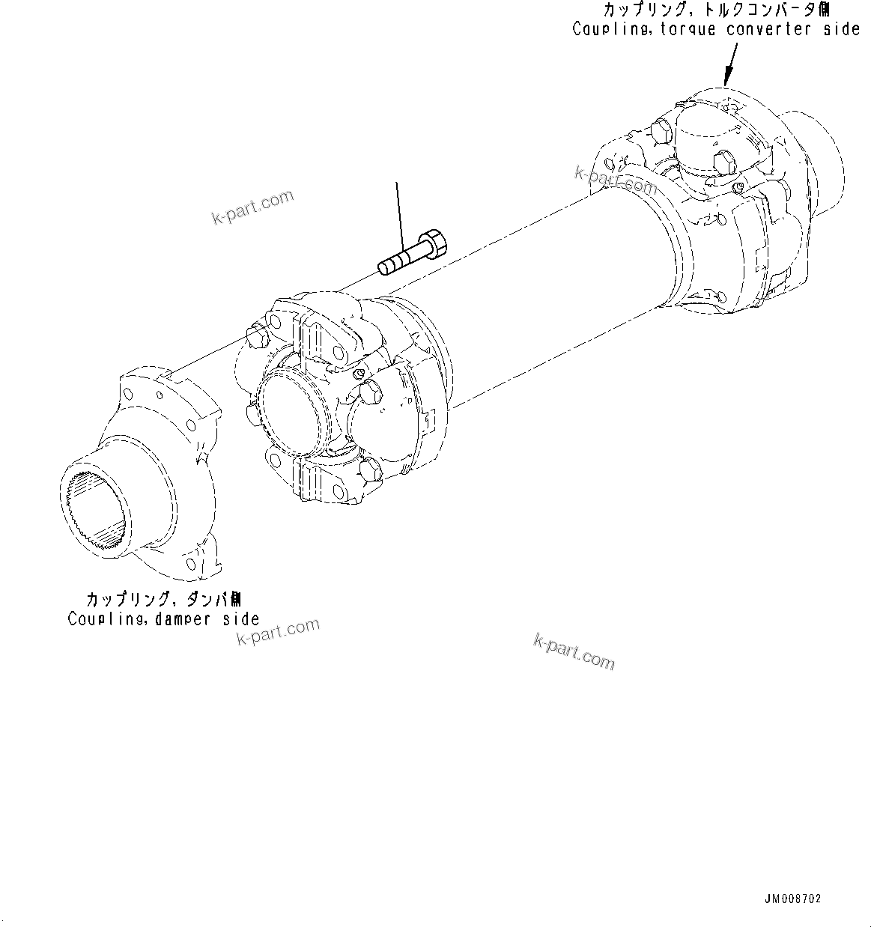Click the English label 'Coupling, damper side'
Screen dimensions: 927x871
[163, 619]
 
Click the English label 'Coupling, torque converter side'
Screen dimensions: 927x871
[716, 30]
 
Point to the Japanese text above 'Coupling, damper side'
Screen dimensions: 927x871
[163, 600]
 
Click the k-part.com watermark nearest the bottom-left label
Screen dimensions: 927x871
[278, 633]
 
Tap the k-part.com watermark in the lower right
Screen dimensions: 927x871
[574, 651]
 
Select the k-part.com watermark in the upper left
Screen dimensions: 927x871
[253, 207]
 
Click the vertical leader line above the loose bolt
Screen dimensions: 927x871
[400, 213]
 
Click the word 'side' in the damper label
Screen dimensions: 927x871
[240, 619]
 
